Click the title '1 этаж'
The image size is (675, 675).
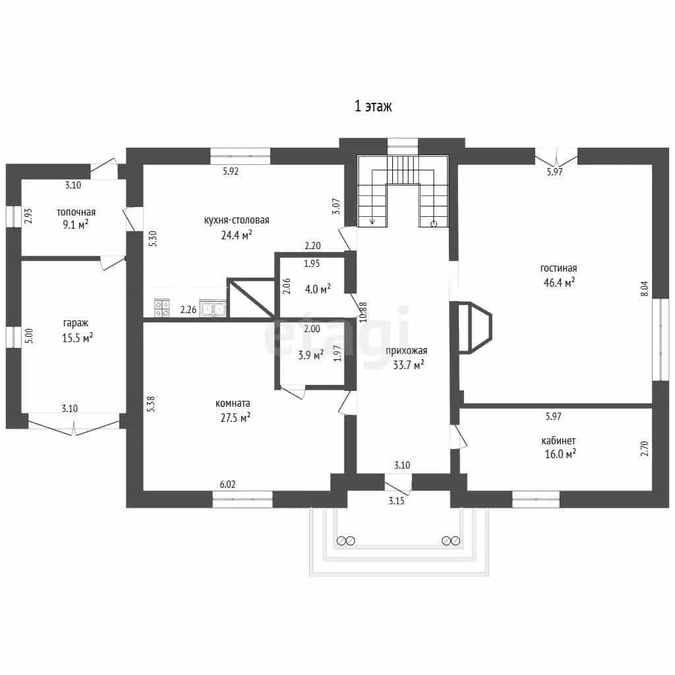(373, 106)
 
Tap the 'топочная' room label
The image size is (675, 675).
(76, 212)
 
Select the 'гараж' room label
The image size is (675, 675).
(75, 323)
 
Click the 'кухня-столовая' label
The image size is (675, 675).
(237, 220)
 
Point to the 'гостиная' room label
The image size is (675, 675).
(558, 268)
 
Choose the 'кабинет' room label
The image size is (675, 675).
(558, 441)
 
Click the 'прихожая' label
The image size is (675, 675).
(406, 351)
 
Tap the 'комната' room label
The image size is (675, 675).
(233, 403)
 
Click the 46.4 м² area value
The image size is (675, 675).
(559, 282)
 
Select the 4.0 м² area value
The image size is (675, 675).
(318, 289)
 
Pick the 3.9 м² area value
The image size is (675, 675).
(311, 355)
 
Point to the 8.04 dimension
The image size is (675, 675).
(645, 289)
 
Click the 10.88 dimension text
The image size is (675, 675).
(363, 312)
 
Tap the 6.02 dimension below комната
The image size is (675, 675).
(227, 484)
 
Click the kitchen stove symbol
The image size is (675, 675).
(162, 308)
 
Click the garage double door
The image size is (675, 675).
(74, 425)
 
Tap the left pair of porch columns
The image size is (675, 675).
(345, 541)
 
